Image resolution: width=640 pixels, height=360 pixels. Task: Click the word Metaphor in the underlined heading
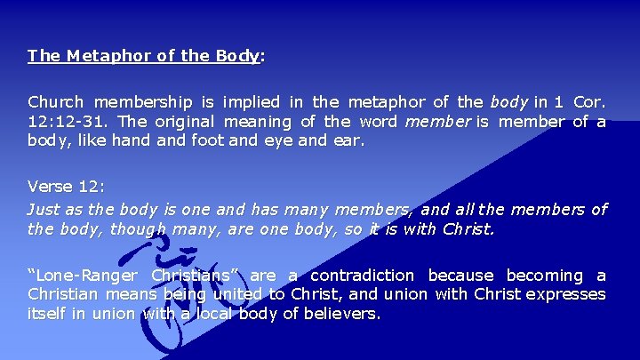(97, 55)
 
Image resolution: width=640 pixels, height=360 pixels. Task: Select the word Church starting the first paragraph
(55, 102)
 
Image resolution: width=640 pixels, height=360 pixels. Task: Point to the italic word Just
(44, 210)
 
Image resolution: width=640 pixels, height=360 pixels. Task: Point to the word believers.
(341, 313)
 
